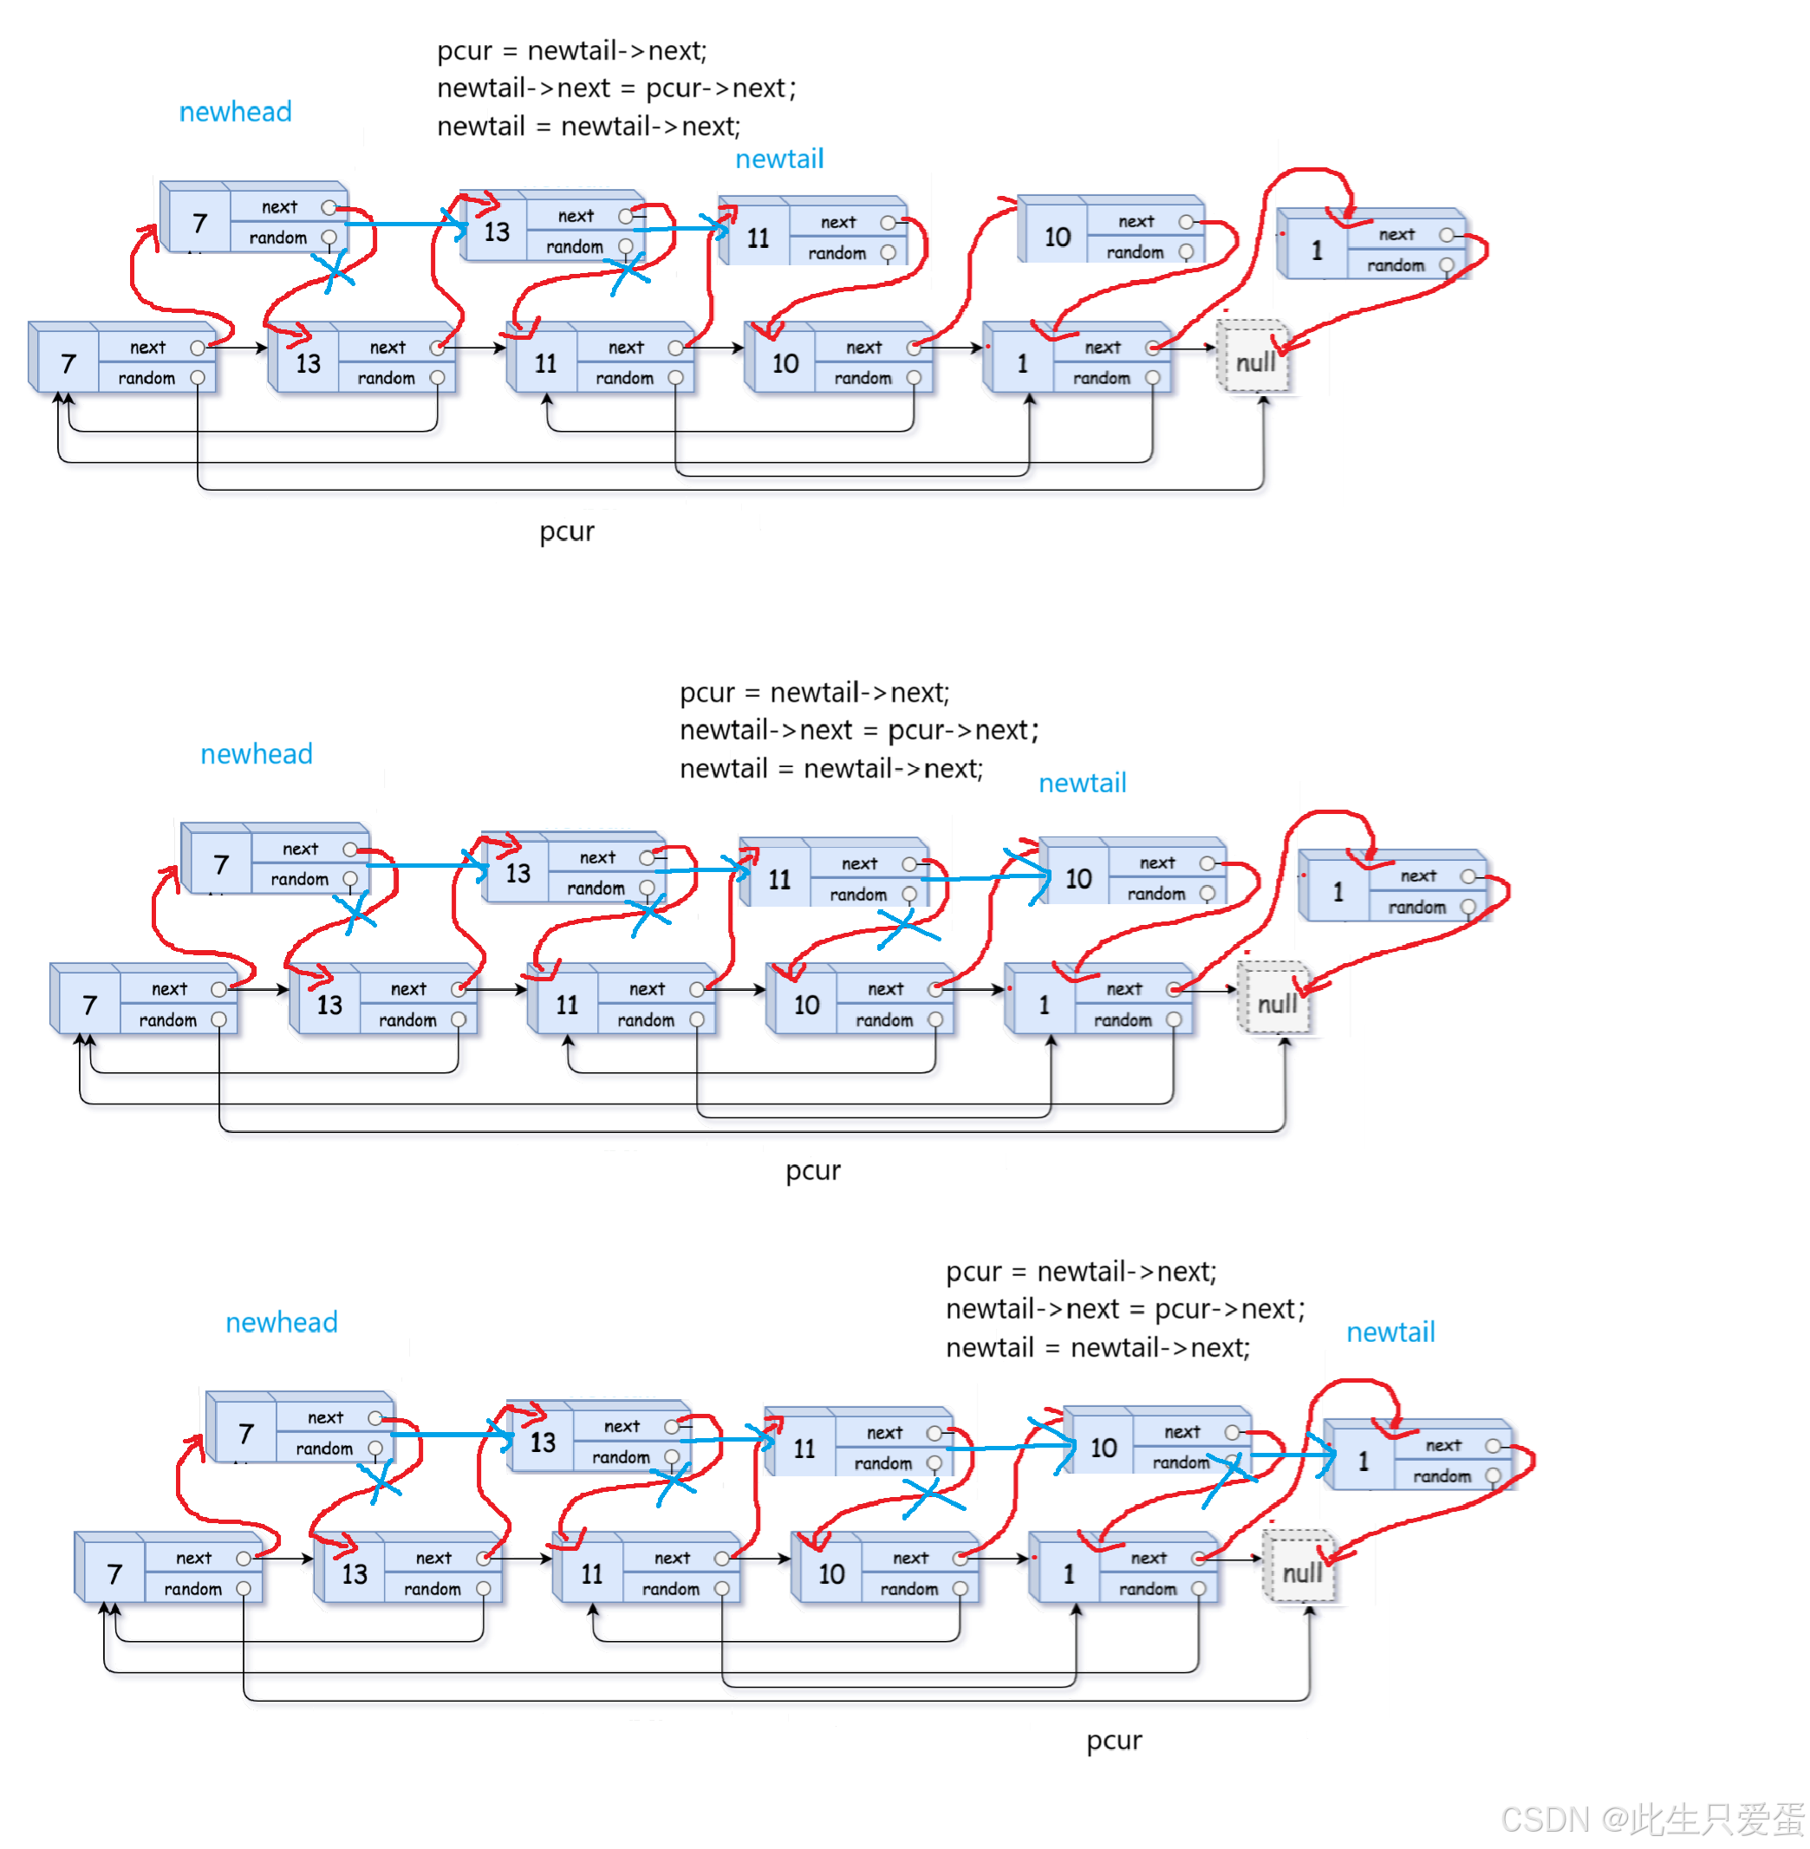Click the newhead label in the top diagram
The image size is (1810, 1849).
(235, 112)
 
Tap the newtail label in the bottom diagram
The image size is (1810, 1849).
(1390, 1331)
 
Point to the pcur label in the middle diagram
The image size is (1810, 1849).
(813, 1170)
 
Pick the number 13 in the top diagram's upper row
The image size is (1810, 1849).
(496, 232)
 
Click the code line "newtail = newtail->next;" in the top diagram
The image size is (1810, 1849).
(589, 127)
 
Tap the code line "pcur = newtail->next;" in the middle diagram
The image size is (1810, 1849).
(814, 692)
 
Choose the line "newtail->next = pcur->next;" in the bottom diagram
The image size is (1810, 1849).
(1124, 1309)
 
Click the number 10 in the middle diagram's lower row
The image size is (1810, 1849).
(806, 1005)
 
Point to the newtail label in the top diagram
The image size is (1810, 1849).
(779, 159)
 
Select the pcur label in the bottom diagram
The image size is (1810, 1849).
(1114, 1740)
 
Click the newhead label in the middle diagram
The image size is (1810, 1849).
(256, 754)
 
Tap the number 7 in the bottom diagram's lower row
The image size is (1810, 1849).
(114, 1574)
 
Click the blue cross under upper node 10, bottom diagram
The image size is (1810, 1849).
(1228, 1477)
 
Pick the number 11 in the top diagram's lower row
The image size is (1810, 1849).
(544, 363)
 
